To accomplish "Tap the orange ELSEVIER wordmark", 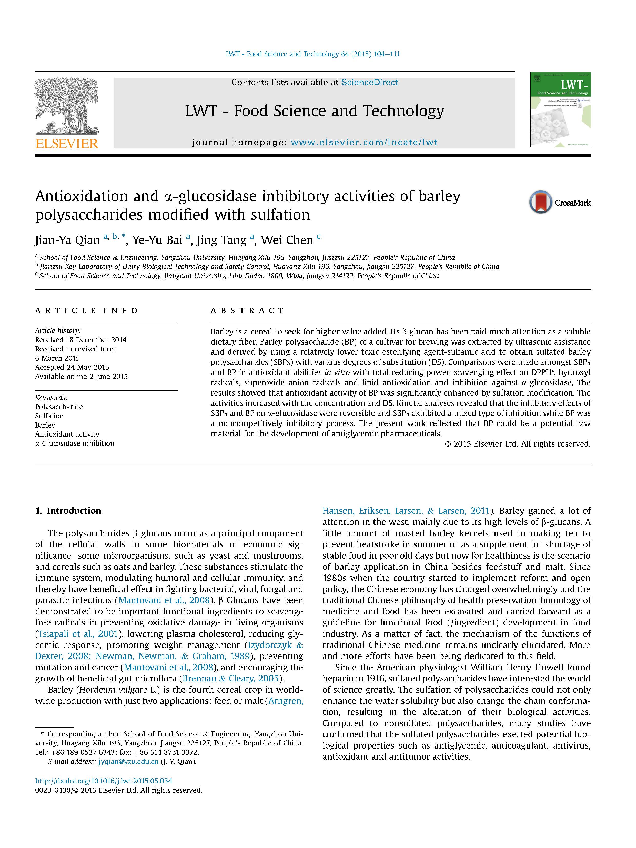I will click(67, 144).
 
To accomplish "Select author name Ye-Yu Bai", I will click(157, 240).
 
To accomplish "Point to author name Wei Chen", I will click(287, 240).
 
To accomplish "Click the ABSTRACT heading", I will click(247, 310).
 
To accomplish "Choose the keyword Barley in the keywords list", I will click(45, 425).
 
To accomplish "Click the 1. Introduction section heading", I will click(68, 511).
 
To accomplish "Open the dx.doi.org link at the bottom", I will click(104, 781).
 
